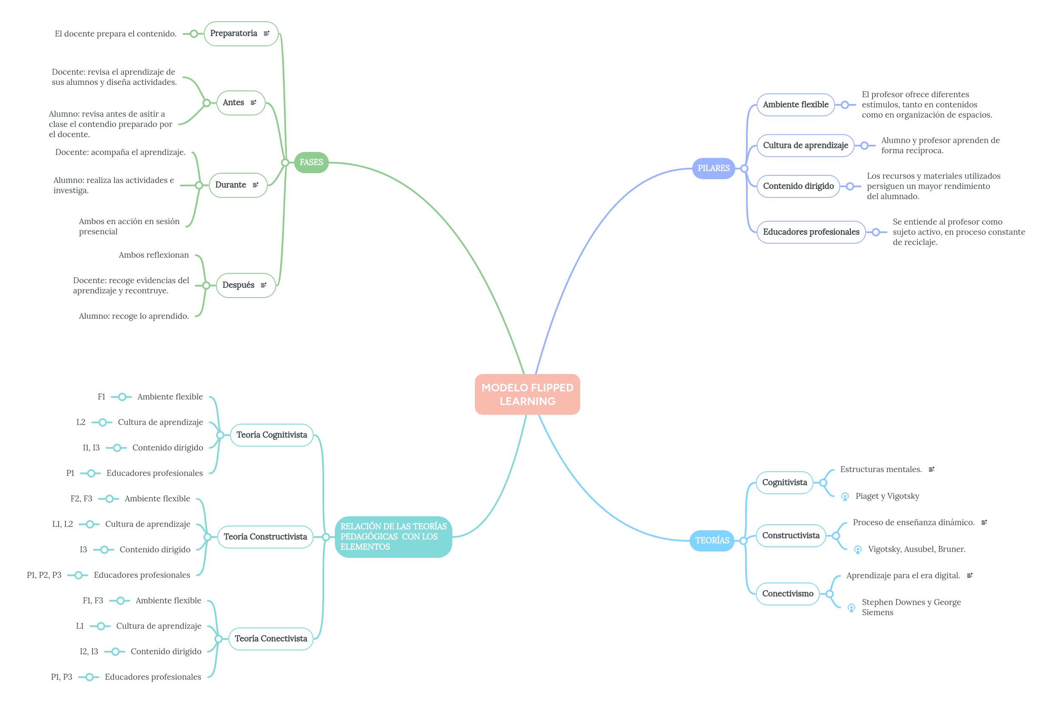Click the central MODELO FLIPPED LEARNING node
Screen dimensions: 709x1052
[527, 394]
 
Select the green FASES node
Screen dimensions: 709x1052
[311, 162]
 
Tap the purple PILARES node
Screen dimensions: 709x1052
[713, 168]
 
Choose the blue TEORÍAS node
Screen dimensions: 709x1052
[711, 540]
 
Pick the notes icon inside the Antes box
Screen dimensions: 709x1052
[253, 103]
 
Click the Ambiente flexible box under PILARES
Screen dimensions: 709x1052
[795, 105]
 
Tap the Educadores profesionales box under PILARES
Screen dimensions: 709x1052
[811, 232]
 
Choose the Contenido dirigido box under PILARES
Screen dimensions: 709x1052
[798, 186]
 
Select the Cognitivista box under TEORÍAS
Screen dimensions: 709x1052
[784, 482]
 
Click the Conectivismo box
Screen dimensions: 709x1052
[787, 594]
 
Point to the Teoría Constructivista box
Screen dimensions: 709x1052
[265, 537]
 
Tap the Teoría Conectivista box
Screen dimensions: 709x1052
[271, 639]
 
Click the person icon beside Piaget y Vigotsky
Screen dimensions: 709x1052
[844, 496]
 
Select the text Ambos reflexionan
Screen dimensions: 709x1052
[154, 255]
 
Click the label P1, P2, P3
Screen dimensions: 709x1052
[44, 575]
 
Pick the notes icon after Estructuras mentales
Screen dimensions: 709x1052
[931, 470]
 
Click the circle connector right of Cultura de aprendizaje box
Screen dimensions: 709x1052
[864, 146]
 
